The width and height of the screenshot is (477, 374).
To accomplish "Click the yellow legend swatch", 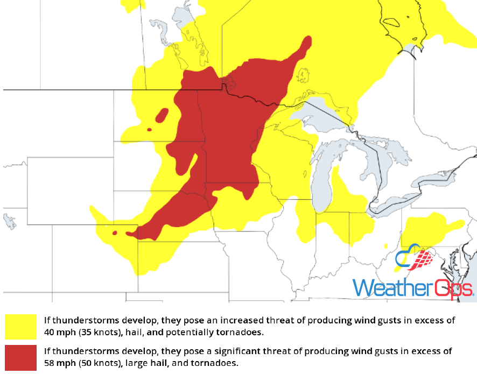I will pos(20,327).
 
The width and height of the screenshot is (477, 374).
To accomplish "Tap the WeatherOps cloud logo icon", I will pos(413,259).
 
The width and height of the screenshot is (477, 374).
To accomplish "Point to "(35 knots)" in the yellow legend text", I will pos(98,331).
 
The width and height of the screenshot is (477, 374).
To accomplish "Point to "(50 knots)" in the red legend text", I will pos(98,363).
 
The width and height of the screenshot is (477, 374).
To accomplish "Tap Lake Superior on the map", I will pos(323,115).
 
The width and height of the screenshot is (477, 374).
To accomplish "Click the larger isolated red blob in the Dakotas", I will pos(161,115).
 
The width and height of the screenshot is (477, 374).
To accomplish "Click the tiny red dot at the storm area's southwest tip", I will pos(114,233).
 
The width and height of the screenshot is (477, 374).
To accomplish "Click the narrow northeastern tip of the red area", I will pos(307,42).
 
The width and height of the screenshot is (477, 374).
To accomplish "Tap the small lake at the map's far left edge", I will pos(9,221).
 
